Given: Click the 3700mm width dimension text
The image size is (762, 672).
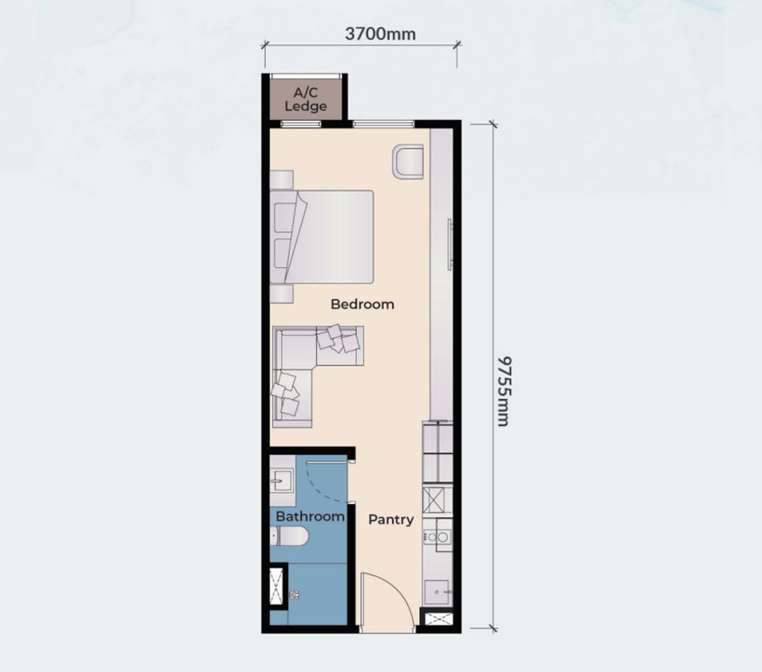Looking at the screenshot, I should click(380, 35).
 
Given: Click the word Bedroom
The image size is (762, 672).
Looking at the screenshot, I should click(362, 304).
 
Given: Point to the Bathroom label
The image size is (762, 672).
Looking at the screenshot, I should click(310, 516).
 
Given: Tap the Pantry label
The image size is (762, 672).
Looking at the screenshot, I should click(390, 519).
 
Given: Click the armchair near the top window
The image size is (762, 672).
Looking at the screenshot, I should click(408, 162).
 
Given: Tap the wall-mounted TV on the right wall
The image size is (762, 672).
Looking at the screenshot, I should click(451, 244).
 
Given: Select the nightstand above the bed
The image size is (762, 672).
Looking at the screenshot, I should click(281, 179).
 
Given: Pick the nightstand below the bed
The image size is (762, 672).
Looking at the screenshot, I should click(281, 293).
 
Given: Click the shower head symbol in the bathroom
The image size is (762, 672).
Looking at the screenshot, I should click(295, 595).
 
